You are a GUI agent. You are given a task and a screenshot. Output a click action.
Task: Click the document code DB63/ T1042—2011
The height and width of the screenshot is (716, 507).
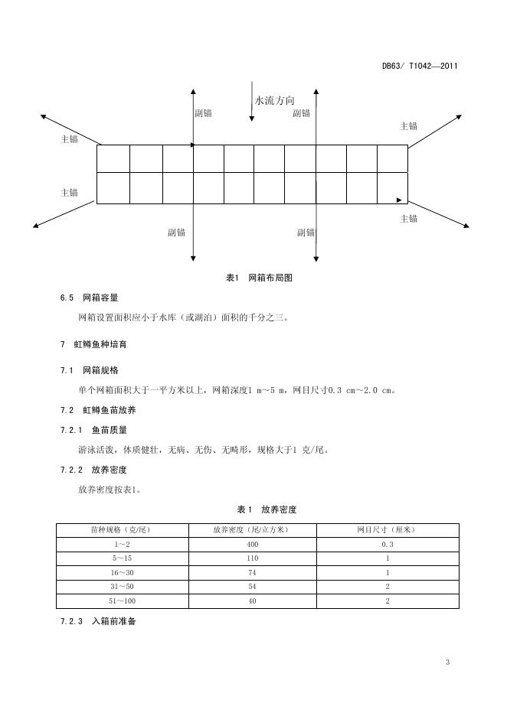tap(420, 66)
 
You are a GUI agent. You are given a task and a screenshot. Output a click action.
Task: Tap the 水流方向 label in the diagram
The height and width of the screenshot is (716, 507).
tap(274, 100)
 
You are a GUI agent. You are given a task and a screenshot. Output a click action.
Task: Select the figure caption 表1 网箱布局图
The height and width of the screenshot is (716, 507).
tap(259, 278)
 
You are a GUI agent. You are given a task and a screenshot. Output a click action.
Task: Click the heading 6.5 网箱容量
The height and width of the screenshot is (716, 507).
tap(89, 298)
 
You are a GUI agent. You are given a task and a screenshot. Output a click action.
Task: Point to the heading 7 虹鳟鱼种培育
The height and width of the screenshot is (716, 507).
tap(93, 344)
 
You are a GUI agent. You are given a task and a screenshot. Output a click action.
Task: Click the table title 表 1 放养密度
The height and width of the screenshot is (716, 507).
tap(267, 509)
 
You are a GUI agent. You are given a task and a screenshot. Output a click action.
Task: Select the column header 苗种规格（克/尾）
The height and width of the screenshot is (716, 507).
tap(122, 529)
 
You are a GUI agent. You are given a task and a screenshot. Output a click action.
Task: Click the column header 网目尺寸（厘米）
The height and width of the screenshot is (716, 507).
tap(387, 529)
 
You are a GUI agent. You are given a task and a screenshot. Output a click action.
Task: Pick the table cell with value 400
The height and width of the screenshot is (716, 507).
tap(253, 544)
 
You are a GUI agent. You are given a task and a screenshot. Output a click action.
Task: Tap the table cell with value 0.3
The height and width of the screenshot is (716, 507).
tap(387, 544)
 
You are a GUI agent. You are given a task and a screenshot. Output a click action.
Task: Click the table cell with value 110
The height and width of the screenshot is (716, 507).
tap(253, 558)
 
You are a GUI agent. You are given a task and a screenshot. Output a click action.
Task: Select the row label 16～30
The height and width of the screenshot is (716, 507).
tap(122, 572)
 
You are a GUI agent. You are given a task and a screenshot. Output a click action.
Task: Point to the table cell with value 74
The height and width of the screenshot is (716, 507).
tap(253, 572)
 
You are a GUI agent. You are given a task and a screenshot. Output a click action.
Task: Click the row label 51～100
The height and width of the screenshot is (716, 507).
tap(122, 601)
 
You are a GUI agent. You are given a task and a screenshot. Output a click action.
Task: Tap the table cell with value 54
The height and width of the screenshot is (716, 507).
tap(253, 587)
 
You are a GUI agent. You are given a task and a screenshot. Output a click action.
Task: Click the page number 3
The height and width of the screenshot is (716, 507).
tap(447, 662)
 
